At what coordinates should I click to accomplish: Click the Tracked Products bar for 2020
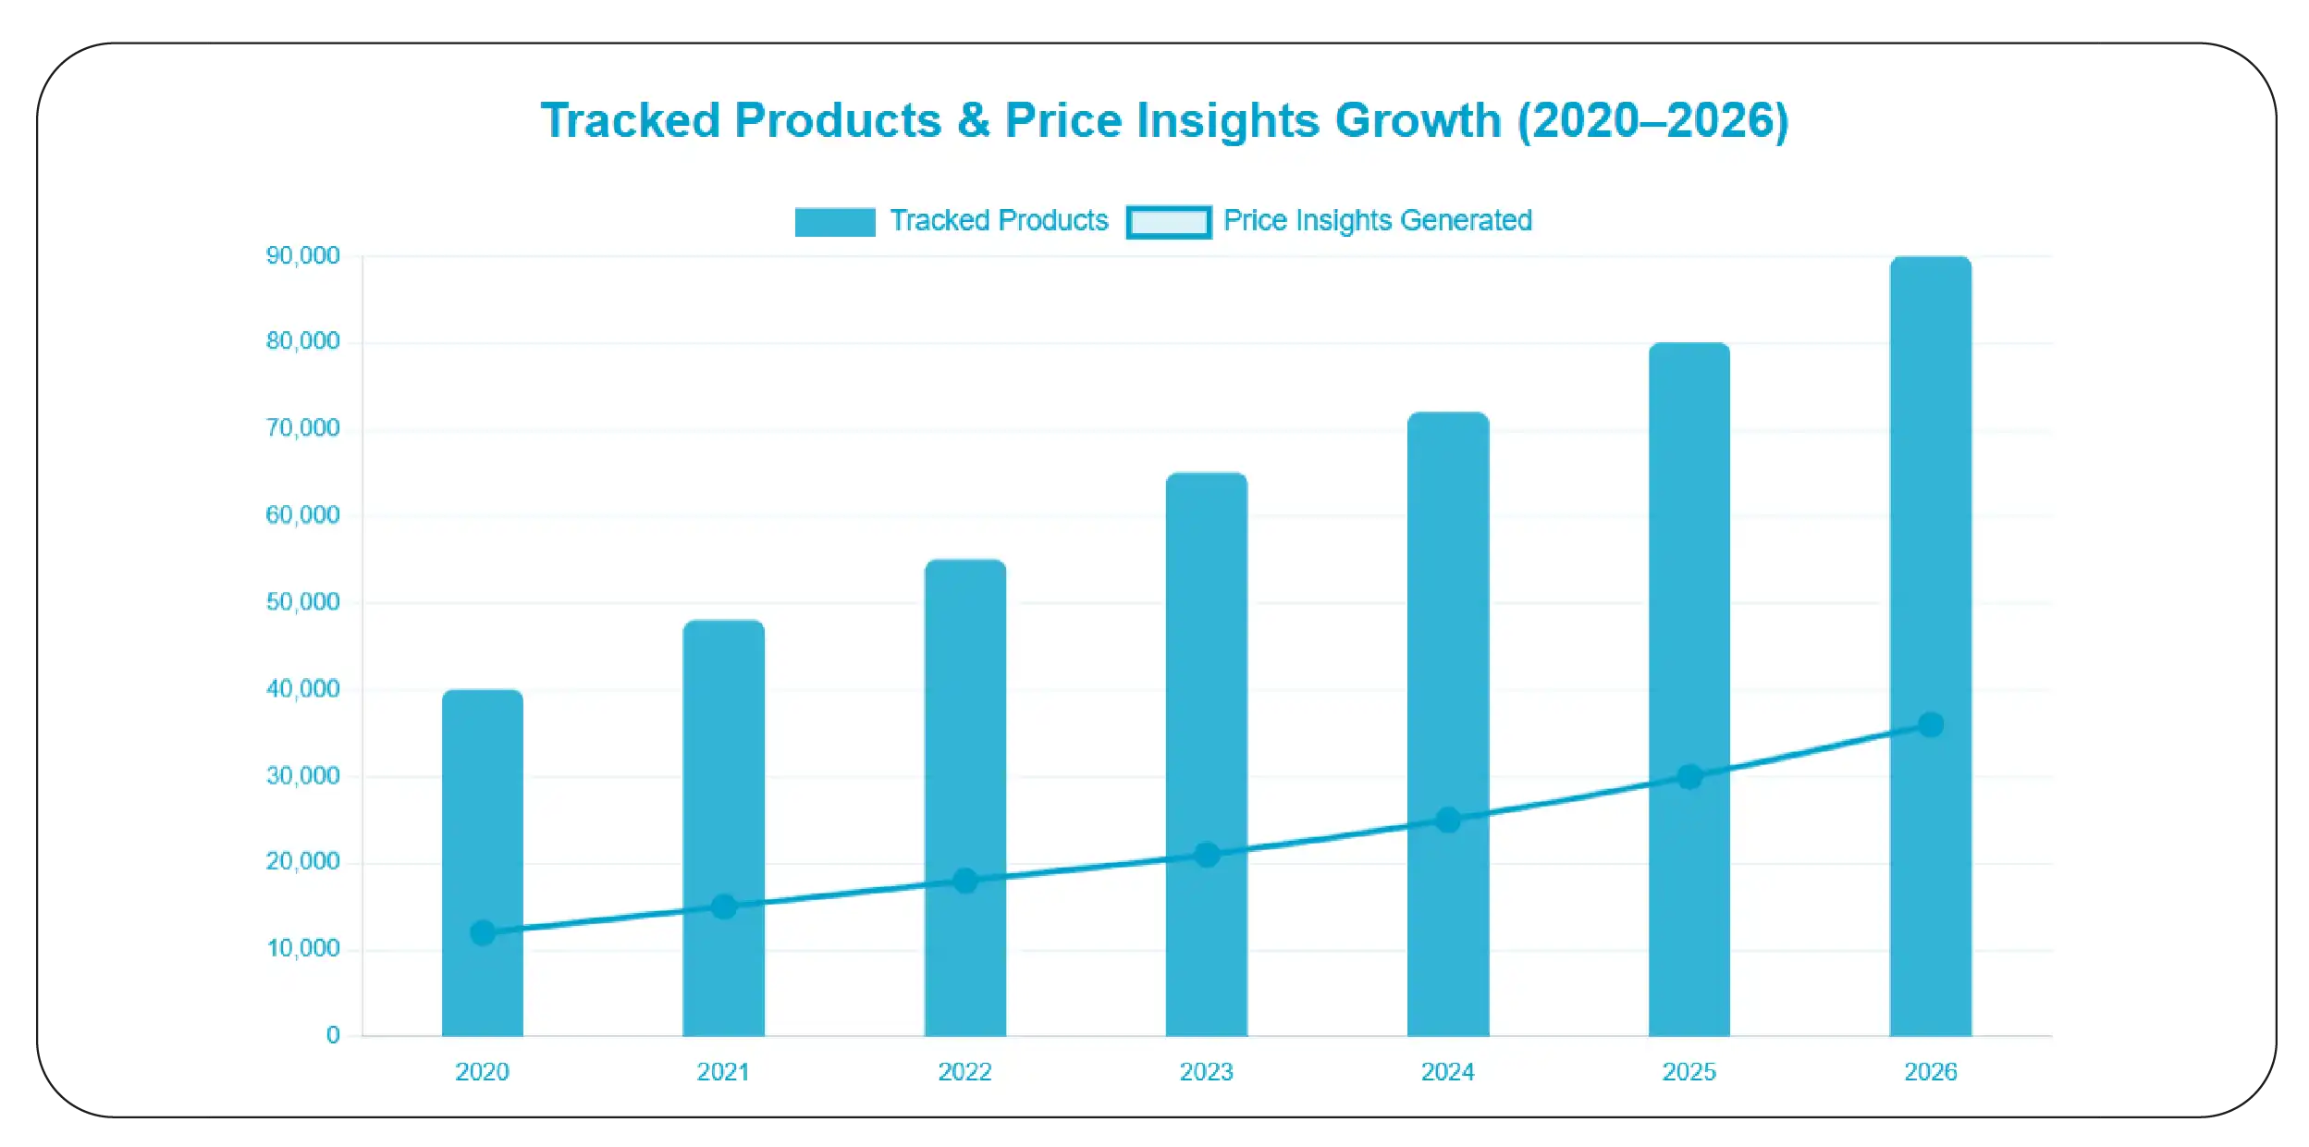482,814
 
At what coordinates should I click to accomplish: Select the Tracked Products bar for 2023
1206,666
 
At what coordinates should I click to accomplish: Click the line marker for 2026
1930,724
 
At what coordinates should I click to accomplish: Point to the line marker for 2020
482,932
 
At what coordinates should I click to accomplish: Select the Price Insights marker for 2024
1447,820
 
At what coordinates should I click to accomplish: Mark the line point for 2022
964,881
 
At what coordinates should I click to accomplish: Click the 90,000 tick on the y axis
302,255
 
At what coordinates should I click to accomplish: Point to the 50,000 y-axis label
302,602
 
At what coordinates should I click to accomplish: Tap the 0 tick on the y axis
333,1035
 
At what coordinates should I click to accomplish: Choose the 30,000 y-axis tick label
302,775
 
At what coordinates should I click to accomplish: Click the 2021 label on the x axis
723,1071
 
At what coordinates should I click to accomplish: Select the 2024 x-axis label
1447,1071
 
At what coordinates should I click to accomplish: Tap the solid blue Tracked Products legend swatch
834,222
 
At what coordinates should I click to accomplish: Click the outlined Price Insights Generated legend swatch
1168,222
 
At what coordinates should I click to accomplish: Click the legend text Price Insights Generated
1377,220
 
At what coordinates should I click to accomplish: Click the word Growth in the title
1417,121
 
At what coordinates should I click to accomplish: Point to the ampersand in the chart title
973,121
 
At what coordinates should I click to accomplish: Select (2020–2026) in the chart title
1652,121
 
